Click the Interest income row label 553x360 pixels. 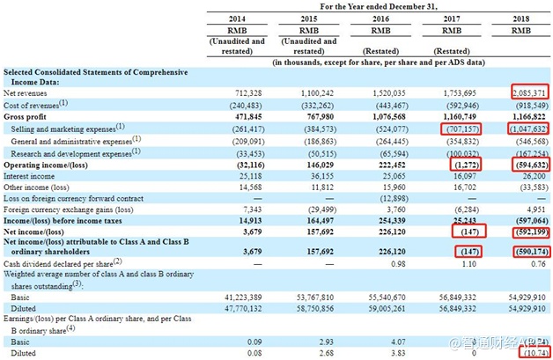coord(31,176)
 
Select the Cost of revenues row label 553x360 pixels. coord(36,104)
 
